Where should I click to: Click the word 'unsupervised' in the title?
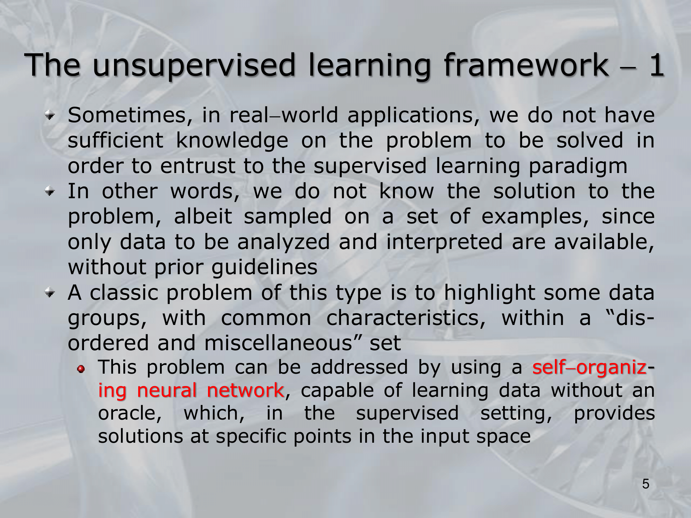pyautogui.click(x=194, y=66)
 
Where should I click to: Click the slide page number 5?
pyautogui.click(x=645, y=484)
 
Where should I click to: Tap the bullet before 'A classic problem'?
pyautogui.click(x=51, y=293)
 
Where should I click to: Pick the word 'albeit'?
pyautogui.click(x=203, y=217)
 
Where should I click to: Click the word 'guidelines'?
pyautogui.click(x=264, y=267)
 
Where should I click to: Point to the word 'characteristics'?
pyautogui.click(x=406, y=318)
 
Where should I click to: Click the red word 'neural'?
pyautogui.click(x=167, y=391)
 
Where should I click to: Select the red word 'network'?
pyautogui.click(x=246, y=391)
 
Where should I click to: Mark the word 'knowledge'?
pyautogui.click(x=232, y=141)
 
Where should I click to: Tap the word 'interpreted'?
pyautogui.click(x=444, y=242)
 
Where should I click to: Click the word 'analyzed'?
pyautogui.click(x=284, y=242)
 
